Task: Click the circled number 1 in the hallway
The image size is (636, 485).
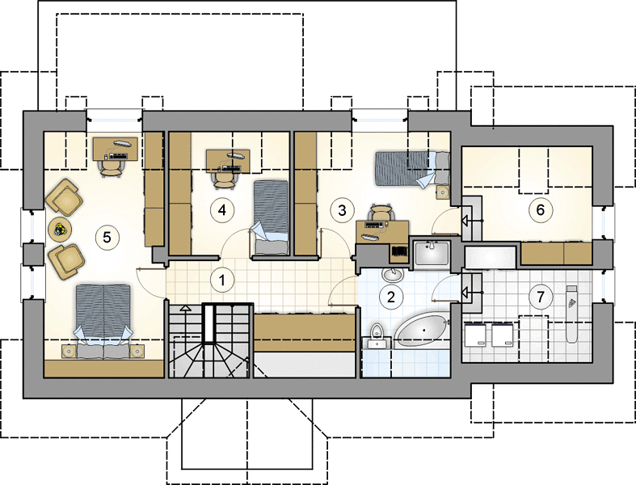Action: [x=222, y=280]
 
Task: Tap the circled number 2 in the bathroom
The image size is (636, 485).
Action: [x=390, y=297]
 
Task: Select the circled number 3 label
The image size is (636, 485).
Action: [x=342, y=211]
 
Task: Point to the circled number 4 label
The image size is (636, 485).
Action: [x=222, y=210]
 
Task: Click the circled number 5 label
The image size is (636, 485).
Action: [x=107, y=237]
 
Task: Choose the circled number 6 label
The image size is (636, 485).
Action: [x=540, y=210]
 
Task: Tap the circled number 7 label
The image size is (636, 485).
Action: [x=540, y=297]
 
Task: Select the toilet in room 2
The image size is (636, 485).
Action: [x=377, y=336]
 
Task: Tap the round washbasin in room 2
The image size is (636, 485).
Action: [x=392, y=275]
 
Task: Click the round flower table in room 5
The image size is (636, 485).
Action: [x=60, y=230]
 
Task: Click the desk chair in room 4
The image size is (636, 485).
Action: [x=225, y=179]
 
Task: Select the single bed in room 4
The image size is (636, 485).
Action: [x=270, y=217]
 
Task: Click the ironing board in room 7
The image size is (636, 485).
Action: [x=571, y=314]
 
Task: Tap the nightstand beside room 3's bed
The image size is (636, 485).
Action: [x=444, y=192]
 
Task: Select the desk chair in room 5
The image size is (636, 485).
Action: [x=111, y=167]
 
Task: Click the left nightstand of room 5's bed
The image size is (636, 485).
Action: [x=69, y=351]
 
